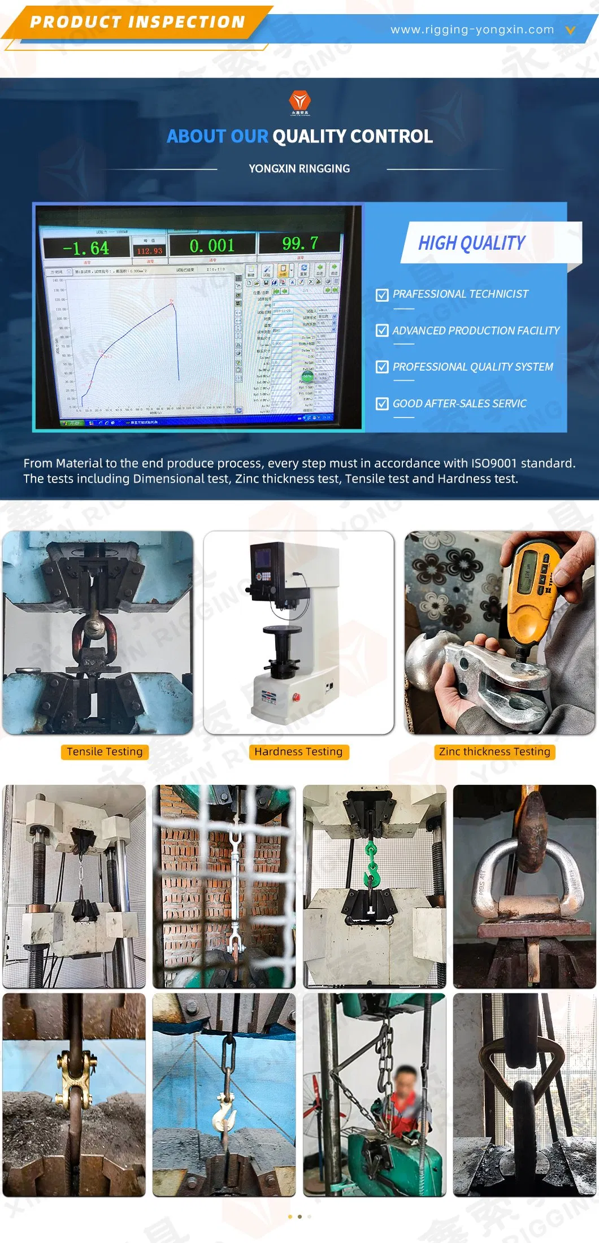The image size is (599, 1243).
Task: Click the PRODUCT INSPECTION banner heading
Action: tap(137, 22)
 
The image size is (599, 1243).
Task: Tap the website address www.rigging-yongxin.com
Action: tap(472, 29)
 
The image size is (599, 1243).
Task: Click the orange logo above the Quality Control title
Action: tap(299, 102)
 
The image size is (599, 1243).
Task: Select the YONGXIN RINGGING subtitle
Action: tap(299, 168)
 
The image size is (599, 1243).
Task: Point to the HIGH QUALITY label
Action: tap(471, 243)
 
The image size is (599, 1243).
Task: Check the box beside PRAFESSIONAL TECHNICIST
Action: tap(382, 295)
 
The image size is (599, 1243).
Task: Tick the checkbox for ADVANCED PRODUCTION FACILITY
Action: tap(382, 331)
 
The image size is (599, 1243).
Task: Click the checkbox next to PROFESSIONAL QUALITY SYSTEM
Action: tap(382, 367)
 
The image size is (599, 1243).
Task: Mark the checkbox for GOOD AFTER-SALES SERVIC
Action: tap(382, 404)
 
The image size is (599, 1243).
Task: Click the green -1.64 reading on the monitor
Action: tap(86, 248)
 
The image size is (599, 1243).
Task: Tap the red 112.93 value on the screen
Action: tap(149, 250)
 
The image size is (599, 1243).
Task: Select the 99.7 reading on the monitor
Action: tap(300, 244)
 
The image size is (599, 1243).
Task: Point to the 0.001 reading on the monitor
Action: tap(212, 246)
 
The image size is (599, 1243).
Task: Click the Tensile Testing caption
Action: tap(105, 751)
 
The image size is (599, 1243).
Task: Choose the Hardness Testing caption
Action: tap(298, 751)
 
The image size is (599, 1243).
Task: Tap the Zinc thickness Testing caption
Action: tap(494, 751)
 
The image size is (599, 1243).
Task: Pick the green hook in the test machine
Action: tap(372, 865)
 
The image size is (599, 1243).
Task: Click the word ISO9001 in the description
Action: tap(494, 463)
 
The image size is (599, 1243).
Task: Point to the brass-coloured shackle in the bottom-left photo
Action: tap(73, 1079)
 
